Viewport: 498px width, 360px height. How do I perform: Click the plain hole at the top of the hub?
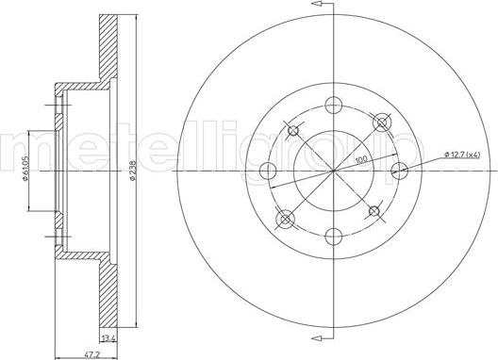(x=333, y=105)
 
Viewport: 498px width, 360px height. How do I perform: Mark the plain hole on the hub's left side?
(x=267, y=171)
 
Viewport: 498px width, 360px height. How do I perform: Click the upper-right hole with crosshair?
(x=381, y=122)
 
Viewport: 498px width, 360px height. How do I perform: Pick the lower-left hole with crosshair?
(x=285, y=220)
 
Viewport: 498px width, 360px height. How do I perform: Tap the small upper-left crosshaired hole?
(x=292, y=130)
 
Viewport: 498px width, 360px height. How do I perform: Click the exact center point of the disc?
(x=333, y=171)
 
